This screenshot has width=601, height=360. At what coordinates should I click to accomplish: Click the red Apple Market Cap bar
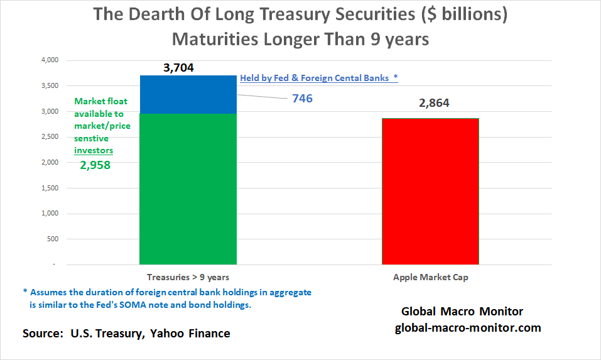pyautogui.click(x=430, y=191)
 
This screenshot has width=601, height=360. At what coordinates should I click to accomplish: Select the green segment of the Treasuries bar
pyautogui.click(x=188, y=188)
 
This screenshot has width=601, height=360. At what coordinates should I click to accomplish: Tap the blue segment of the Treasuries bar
pyautogui.click(x=188, y=94)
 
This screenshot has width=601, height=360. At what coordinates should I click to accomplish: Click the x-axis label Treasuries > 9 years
pyautogui.click(x=188, y=276)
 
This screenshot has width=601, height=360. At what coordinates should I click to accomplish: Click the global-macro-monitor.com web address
pyautogui.click(x=468, y=327)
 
